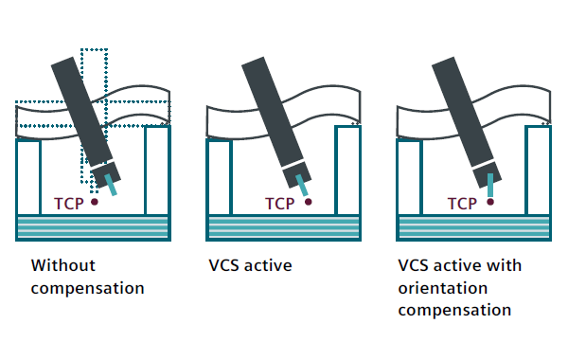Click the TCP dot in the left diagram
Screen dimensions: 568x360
point(94,202)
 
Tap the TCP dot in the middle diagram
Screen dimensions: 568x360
point(309,202)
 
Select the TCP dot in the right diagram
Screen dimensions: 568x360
point(490,202)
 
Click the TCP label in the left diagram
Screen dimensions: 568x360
point(69,204)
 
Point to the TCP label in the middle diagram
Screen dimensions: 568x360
point(279,204)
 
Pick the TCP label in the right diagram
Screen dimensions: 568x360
point(462,204)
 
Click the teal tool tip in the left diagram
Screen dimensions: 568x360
point(111,185)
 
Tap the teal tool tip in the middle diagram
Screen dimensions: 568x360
point(302,186)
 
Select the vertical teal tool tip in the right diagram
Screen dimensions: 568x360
point(490,185)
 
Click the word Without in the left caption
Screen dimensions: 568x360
point(63,265)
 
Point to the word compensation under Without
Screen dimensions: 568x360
point(88,289)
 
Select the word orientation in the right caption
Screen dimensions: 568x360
point(443,288)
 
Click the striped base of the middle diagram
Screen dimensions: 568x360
point(284,227)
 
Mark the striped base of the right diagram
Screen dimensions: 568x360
point(474,227)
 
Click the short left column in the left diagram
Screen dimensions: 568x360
point(28,177)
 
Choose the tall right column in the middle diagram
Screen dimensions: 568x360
point(347,170)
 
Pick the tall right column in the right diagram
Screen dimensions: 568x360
point(538,170)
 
